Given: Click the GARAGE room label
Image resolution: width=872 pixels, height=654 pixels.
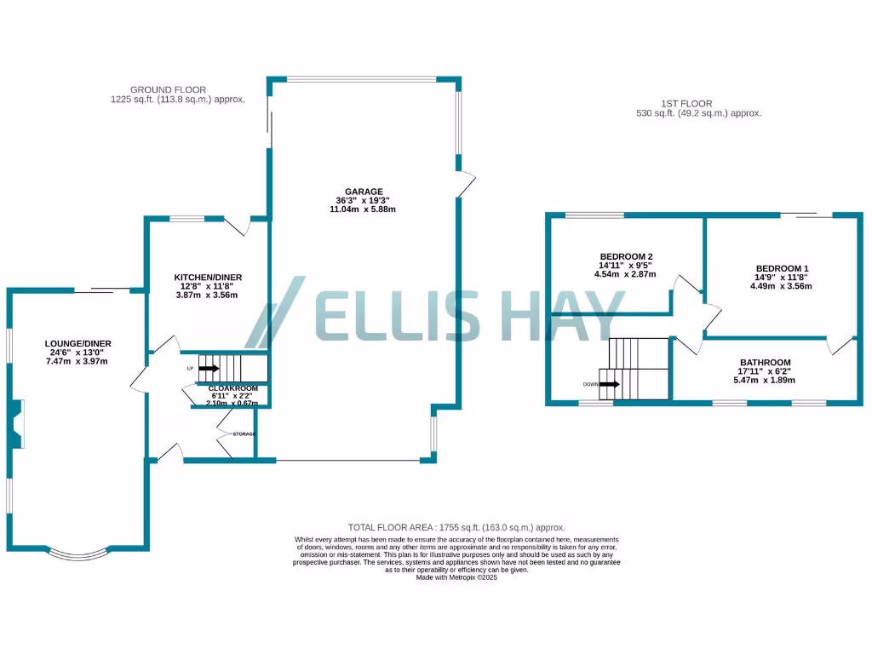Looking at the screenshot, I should [x=364, y=192].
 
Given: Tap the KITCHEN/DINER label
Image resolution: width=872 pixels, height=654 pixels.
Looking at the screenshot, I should [x=208, y=278].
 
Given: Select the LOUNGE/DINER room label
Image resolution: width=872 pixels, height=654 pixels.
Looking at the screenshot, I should [x=78, y=343].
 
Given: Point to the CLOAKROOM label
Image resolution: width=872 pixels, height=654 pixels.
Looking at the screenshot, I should [x=233, y=387].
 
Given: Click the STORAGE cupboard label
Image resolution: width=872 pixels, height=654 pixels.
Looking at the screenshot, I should [x=244, y=434].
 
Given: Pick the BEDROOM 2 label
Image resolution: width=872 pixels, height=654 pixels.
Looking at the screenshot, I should [x=626, y=256].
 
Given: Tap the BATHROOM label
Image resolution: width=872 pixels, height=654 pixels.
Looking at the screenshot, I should [x=765, y=362].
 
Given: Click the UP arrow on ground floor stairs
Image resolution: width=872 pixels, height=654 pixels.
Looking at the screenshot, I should [x=208, y=369].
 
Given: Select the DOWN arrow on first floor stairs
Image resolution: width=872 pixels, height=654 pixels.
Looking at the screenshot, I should [x=609, y=384].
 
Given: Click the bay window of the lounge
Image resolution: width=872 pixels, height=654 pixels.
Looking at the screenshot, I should [x=79, y=554].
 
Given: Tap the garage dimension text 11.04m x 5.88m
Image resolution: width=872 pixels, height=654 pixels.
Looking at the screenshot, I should [x=364, y=209].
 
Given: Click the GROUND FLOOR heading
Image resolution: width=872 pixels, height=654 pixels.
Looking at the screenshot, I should [x=168, y=89].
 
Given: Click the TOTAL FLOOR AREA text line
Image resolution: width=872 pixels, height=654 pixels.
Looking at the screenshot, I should [x=456, y=528].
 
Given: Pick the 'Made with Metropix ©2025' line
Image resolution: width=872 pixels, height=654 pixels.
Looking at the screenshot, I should [x=456, y=577].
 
